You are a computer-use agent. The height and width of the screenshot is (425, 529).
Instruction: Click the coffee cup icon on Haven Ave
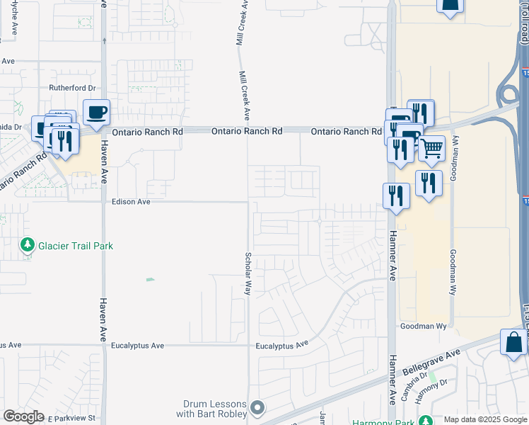[96, 112]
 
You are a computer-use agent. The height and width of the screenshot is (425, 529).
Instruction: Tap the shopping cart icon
[431, 149]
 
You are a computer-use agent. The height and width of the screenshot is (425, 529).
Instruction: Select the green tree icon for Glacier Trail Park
[28, 246]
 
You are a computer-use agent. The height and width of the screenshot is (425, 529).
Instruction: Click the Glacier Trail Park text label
[76, 246]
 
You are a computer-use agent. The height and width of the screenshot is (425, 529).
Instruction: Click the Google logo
[23, 416]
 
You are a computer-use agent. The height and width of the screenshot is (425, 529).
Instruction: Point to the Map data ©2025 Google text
[485, 419]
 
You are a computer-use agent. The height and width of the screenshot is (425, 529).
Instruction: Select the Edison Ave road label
[132, 202]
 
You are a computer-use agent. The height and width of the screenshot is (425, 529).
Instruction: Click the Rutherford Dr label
[72, 88]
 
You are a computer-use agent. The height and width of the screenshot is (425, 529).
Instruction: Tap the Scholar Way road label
[248, 273]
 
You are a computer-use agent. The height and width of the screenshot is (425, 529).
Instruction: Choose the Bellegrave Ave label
[431, 361]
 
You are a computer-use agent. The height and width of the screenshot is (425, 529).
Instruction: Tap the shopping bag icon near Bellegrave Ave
[513, 343]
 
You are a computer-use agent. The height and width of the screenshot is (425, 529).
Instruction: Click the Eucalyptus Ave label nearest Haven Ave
[138, 346]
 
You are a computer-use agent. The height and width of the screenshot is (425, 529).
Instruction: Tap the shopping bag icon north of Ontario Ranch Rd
[450, 6]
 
